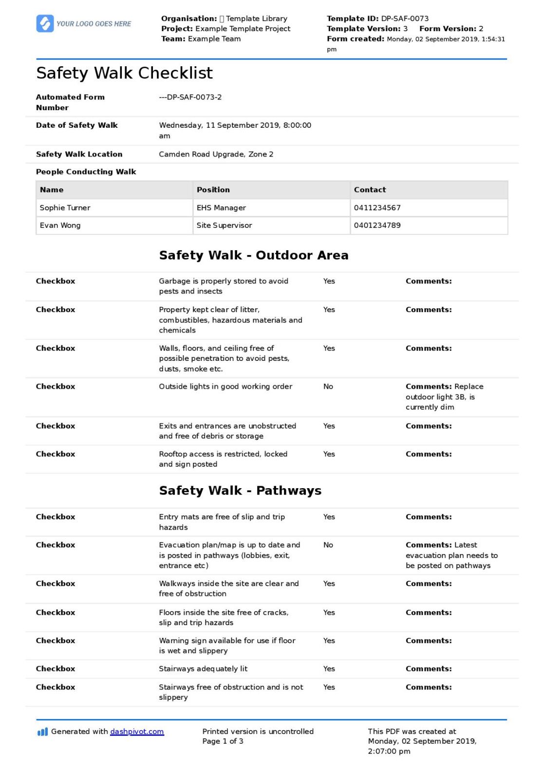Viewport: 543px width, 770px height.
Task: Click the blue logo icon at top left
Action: click(45, 23)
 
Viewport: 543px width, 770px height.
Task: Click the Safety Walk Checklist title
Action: click(124, 73)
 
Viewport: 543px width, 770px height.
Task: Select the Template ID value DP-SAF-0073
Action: click(405, 19)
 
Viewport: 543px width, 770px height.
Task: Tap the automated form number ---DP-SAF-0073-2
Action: click(190, 97)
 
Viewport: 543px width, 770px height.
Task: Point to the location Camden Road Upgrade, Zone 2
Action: click(216, 154)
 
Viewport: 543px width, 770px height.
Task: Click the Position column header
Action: click(213, 190)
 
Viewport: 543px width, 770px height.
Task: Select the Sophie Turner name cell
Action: click(65, 208)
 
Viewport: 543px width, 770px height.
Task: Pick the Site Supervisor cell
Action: click(224, 225)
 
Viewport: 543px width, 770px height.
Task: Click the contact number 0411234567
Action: click(377, 208)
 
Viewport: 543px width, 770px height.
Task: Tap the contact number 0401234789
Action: click(377, 225)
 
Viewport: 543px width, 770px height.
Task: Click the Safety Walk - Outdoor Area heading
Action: click(254, 255)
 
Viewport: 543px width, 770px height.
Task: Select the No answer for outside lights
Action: click(328, 387)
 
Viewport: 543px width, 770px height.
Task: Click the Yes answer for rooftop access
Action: click(329, 454)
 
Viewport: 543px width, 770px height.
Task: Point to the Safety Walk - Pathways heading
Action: click(240, 491)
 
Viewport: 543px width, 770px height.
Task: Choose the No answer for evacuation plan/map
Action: click(328, 545)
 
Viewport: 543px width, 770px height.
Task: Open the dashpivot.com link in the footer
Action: click(137, 731)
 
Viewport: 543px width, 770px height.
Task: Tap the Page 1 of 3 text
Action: click(223, 741)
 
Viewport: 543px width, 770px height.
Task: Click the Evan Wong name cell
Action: click(60, 225)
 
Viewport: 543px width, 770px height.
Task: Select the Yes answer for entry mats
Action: click(329, 517)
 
